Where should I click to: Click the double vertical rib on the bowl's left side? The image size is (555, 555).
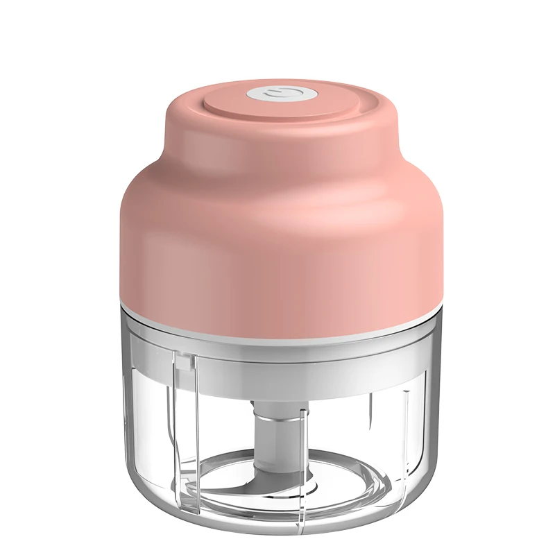[187, 430]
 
